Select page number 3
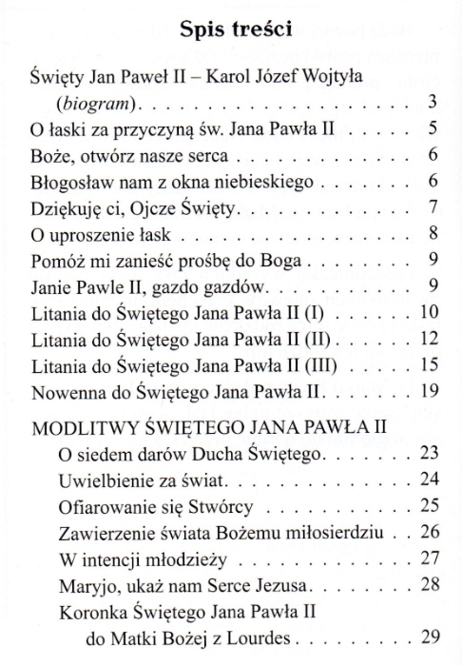click(432, 101)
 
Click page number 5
click(432, 127)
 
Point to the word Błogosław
click(67, 180)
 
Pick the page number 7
click(432, 206)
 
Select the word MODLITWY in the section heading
click(79, 426)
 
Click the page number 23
click(427, 453)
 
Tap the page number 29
click(427, 637)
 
